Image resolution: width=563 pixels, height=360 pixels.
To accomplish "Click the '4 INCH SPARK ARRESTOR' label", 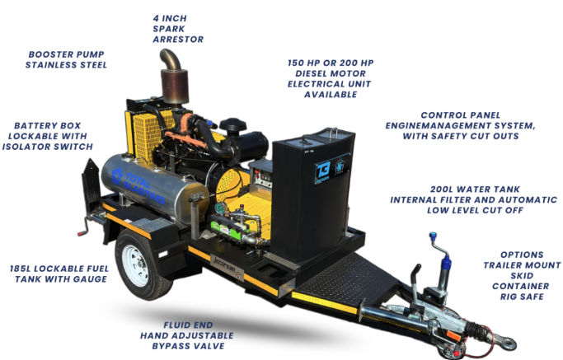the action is pyautogui.click(x=178, y=29).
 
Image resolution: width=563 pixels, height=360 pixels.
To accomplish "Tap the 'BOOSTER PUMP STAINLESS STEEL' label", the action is pyautogui.click(x=66, y=59).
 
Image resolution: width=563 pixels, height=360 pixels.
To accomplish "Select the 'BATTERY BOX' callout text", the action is pyautogui.click(x=47, y=136).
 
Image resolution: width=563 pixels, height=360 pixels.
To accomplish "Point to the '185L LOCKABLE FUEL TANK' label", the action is pyautogui.click(x=59, y=274).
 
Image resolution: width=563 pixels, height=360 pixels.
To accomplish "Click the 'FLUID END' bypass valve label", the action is pyautogui.click(x=187, y=335).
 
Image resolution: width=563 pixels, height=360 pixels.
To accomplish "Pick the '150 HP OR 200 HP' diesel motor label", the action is pyautogui.click(x=331, y=78).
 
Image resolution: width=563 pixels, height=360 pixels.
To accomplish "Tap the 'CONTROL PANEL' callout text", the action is pyautogui.click(x=460, y=125).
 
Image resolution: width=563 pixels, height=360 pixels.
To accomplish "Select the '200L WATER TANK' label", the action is pyautogui.click(x=474, y=199).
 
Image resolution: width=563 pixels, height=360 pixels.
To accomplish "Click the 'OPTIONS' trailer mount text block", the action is pyautogui.click(x=522, y=276).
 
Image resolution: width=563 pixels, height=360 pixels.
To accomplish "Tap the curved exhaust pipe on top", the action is pyautogui.click(x=171, y=58).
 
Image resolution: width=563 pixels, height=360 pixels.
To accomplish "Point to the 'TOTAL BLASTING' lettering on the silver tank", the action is pyautogui.click(x=139, y=187).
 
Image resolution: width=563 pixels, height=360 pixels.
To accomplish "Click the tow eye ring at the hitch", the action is pyautogui.click(x=505, y=343).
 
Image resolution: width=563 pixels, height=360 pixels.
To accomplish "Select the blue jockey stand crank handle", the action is pyautogui.click(x=441, y=250).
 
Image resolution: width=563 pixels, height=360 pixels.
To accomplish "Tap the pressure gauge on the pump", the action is pyautogui.click(x=221, y=208).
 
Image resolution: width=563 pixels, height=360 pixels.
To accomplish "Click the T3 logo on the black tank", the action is pyautogui.click(x=322, y=172).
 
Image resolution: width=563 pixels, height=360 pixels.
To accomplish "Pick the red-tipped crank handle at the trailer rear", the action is pyautogui.click(x=84, y=228).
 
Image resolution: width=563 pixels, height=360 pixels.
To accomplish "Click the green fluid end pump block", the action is pyautogui.click(x=226, y=229).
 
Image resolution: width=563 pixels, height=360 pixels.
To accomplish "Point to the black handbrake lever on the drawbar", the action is pyautogui.click(x=415, y=283).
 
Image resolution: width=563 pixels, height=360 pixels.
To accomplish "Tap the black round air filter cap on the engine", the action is pyautogui.click(x=233, y=126).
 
